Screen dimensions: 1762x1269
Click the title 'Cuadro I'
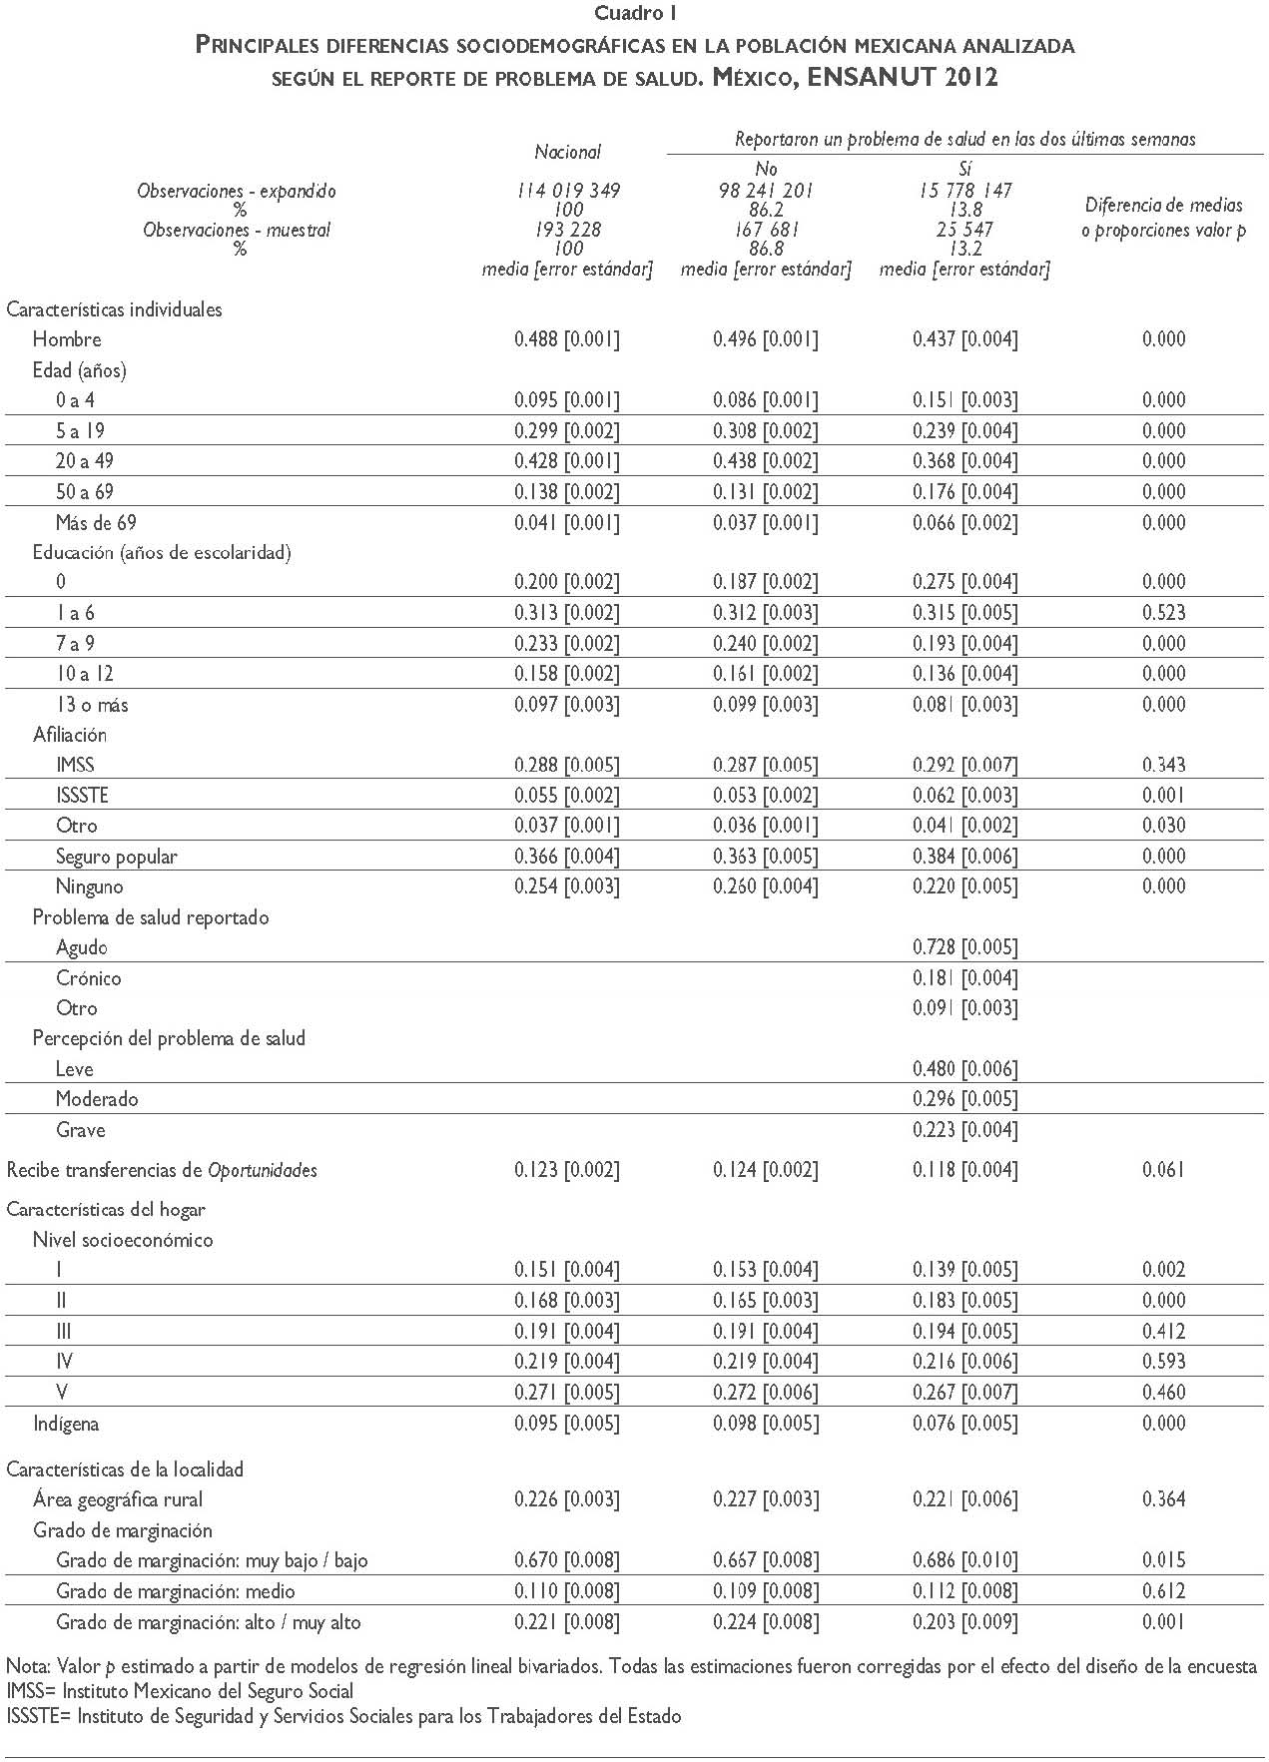click(x=636, y=14)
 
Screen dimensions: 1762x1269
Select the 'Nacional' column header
click(x=567, y=152)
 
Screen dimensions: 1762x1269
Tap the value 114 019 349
click(x=567, y=191)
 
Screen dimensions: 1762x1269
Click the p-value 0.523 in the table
click(x=1164, y=613)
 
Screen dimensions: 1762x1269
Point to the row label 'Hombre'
click(x=67, y=339)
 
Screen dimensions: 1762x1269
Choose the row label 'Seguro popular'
click(x=117, y=857)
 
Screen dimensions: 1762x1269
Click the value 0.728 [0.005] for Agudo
click(x=964, y=947)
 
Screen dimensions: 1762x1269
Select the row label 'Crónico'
click(x=89, y=978)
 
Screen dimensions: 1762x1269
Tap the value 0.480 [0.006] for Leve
click(x=964, y=1069)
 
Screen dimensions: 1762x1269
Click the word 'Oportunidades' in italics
click(x=263, y=1170)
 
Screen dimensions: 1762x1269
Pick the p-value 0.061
click(x=1164, y=1170)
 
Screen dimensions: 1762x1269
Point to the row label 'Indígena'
click(x=66, y=1424)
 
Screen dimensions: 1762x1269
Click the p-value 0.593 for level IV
click(x=1164, y=1362)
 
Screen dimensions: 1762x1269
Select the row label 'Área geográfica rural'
click(x=118, y=1499)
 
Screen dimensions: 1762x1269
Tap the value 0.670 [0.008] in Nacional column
click(x=567, y=1560)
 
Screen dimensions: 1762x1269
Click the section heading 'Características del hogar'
click(x=106, y=1210)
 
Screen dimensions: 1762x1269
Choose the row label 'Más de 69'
click(x=96, y=523)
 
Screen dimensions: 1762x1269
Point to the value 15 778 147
click(x=964, y=191)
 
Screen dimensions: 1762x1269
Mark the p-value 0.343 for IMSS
click(x=1164, y=766)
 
